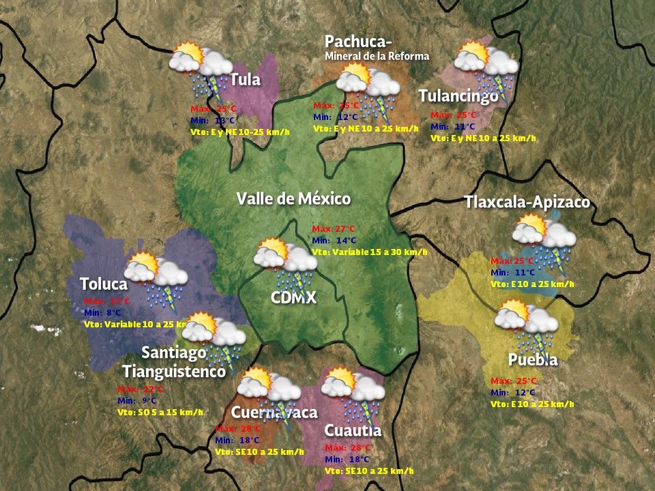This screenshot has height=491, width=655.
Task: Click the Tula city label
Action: [246, 80]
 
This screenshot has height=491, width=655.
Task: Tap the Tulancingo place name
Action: [458, 96]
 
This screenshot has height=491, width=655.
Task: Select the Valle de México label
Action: [293, 199]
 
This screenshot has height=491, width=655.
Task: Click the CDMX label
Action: [293, 297]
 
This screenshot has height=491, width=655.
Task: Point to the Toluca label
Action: [104, 284]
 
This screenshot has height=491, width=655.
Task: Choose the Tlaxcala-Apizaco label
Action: [527, 203]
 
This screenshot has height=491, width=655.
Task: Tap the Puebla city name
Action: [533, 359]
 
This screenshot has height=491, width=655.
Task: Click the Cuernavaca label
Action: [274, 413]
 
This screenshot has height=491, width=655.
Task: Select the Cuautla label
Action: [353, 430]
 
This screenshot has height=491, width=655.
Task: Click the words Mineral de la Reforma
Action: [377, 56]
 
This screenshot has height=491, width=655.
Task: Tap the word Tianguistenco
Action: [174, 372]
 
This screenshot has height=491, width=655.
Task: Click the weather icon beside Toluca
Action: [156, 276]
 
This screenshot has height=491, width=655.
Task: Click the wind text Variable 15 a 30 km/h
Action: [369, 252]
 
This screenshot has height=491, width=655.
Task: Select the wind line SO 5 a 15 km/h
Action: [160, 412]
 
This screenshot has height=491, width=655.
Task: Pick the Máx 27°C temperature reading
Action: [334, 228]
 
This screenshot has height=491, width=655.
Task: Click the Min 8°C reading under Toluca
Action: [102, 312]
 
